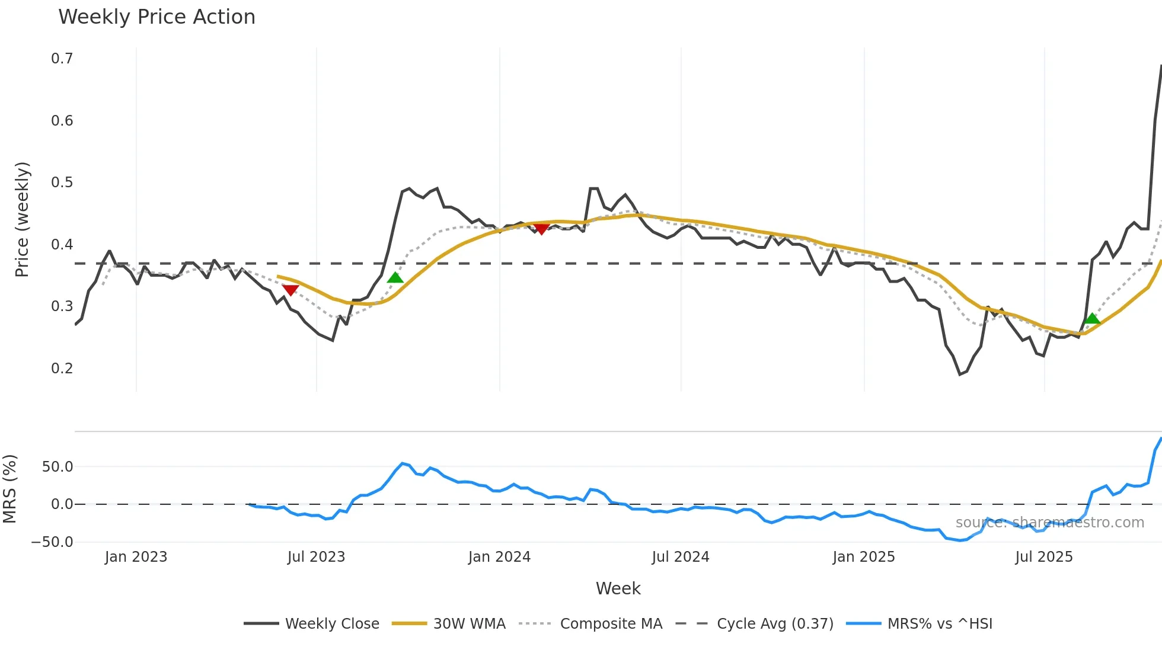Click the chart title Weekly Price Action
[x=157, y=17]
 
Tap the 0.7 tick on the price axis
[x=62, y=59]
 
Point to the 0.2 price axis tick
[x=62, y=368]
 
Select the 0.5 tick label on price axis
[x=62, y=183]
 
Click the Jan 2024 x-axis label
[x=499, y=557]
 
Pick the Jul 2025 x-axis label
[x=1044, y=557]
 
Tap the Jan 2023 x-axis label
[x=136, y=557]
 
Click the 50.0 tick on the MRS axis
[x=58, y=467]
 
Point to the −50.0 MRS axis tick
[x=52, y=542]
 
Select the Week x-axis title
[x=618, y=588]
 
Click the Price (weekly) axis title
[x=22, y=219]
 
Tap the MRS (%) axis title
[x=10, y=489]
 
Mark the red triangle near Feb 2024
[x=541, y=229]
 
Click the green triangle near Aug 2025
[x=1092, y=319]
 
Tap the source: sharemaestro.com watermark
[x=1050, y=523]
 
